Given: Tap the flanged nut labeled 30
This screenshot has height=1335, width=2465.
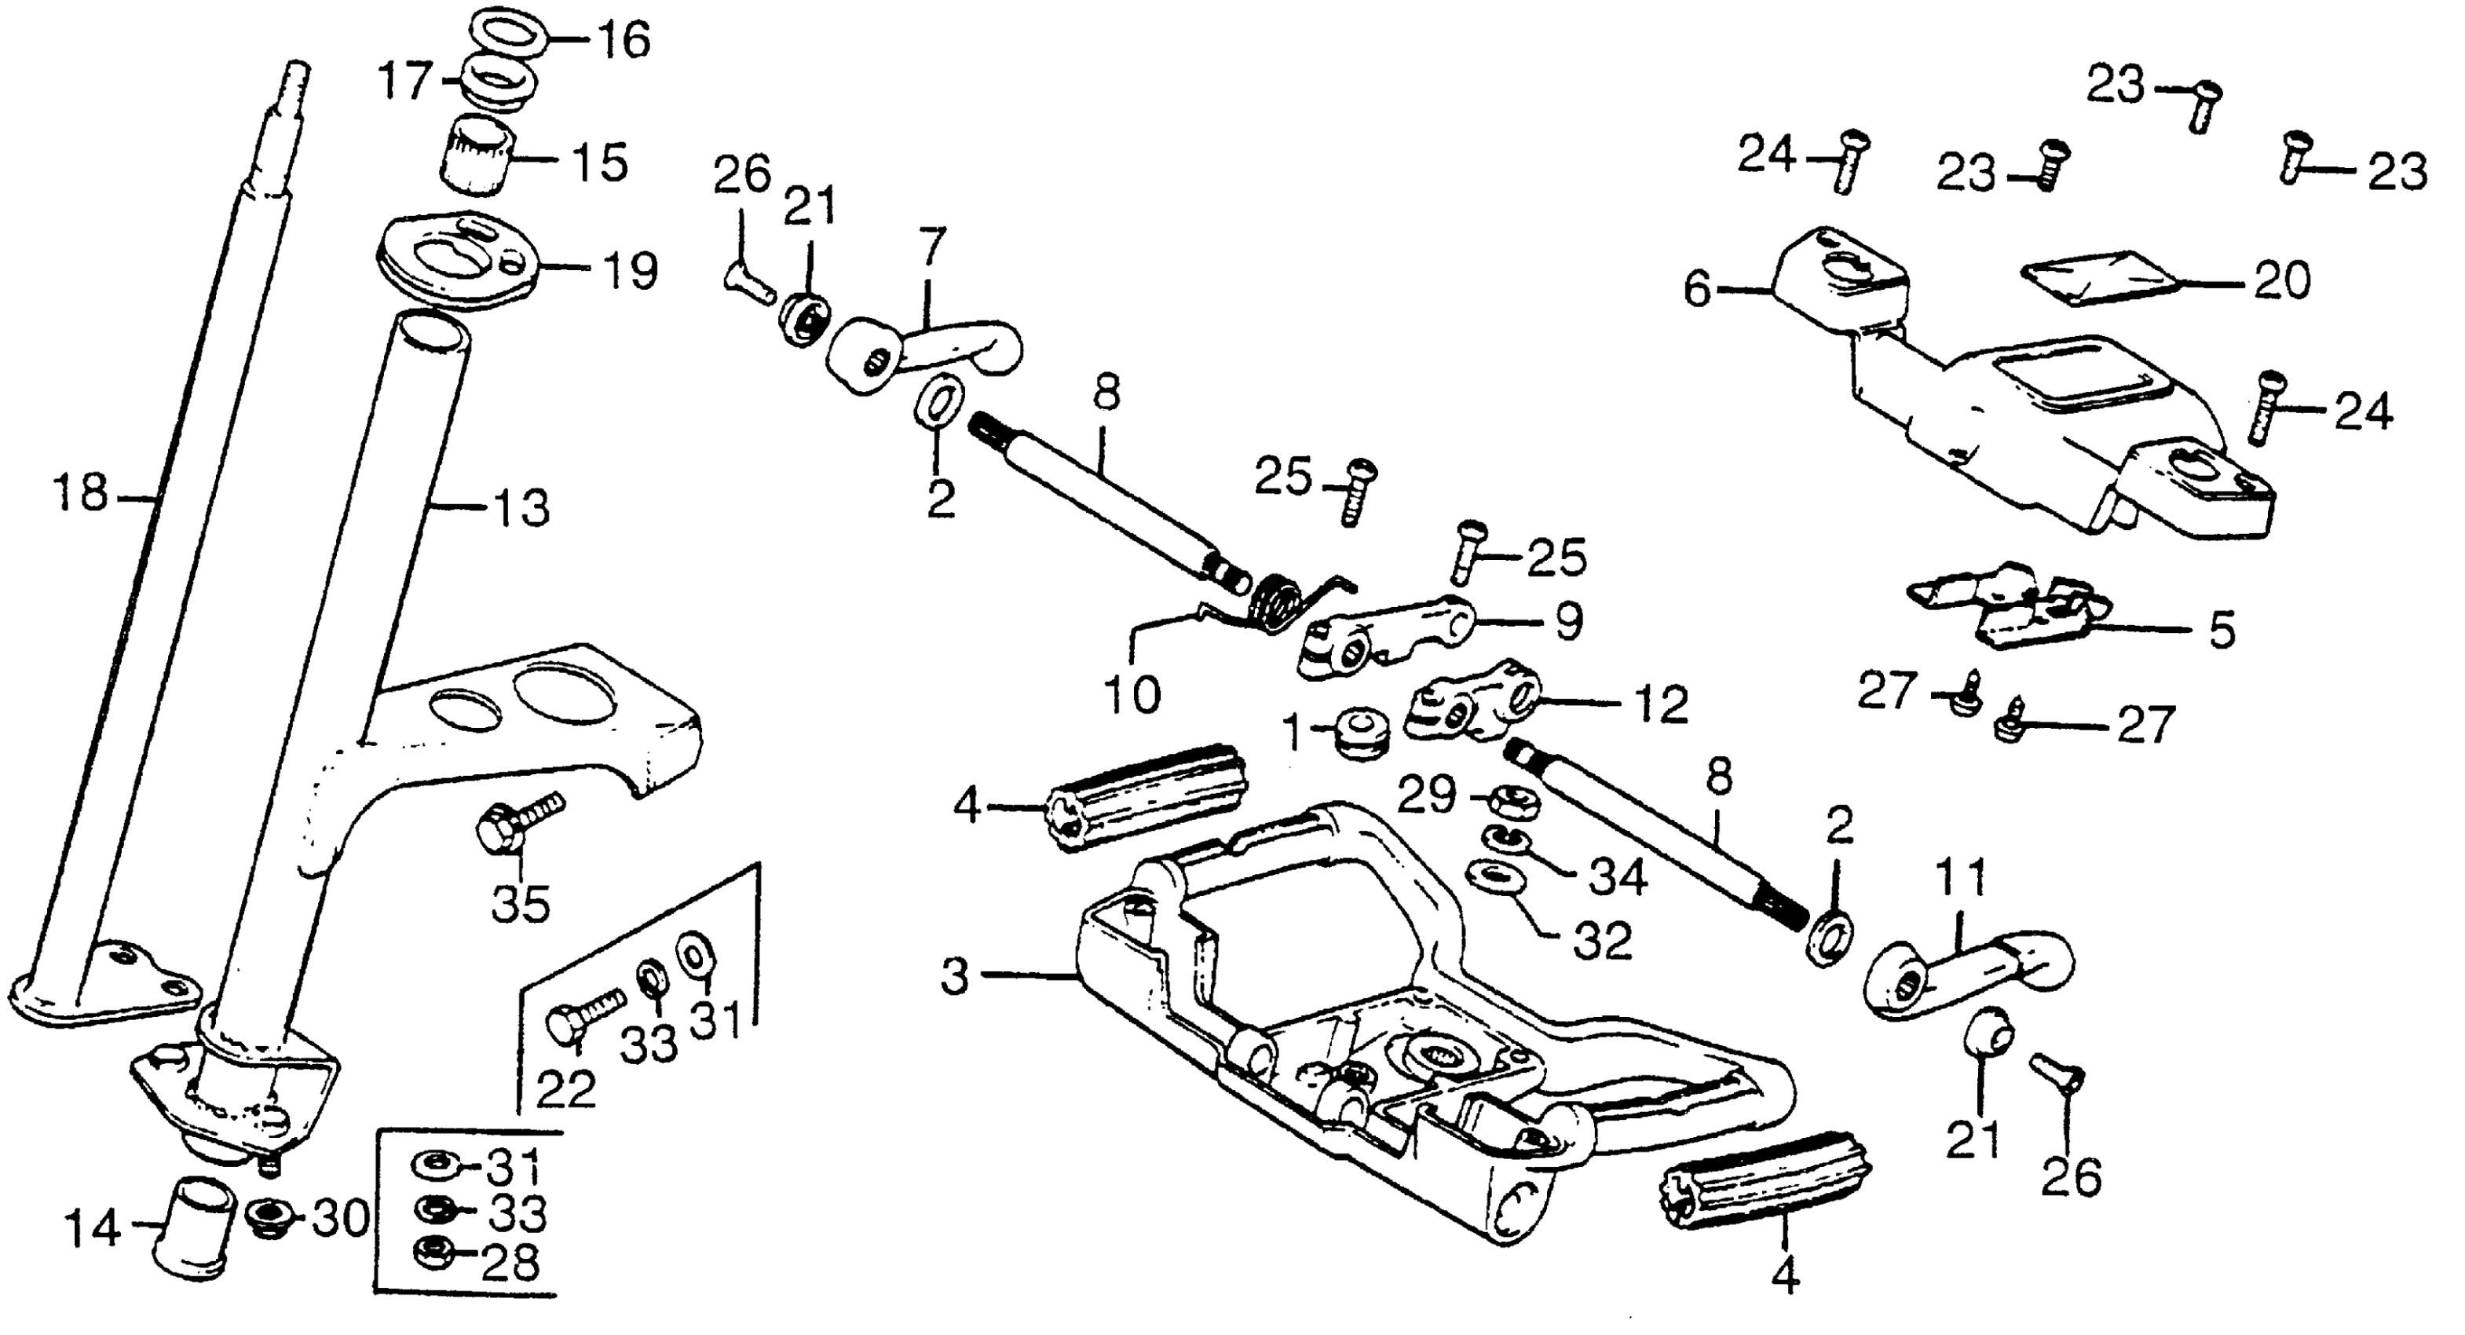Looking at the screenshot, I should (267, 1217).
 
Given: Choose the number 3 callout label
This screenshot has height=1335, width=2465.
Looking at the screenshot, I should (954, 976).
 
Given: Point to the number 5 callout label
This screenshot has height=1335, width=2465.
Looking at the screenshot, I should (2221, 631).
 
